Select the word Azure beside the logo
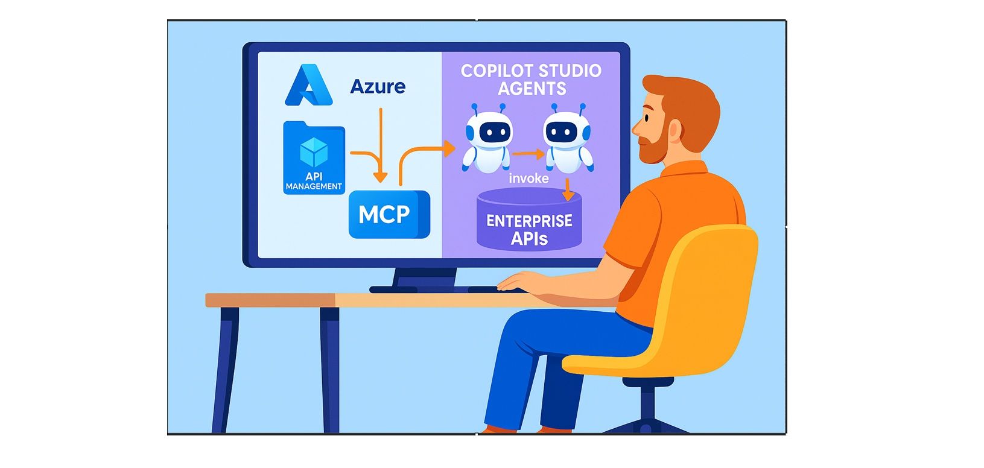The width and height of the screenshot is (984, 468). [x=378, y=86]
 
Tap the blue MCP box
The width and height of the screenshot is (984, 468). [x=389, y=214]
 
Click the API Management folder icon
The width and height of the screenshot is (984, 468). [x=314, y=157]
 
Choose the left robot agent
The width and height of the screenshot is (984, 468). [x=487, y=138]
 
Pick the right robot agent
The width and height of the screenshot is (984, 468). [x=568, y=138]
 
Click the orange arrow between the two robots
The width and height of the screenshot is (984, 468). [x=529, y=154]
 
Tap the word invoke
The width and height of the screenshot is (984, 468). [x=529, y=179]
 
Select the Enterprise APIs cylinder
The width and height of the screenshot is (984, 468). [x=529, y=220]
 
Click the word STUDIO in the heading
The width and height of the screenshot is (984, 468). [x=570, y=71]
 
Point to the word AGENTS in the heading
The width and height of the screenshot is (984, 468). [x=532, y=89]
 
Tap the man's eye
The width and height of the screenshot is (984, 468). [x=647, y=118]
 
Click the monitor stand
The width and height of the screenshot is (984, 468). [x=424, y=280]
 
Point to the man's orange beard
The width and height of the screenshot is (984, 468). [x=653, y=145]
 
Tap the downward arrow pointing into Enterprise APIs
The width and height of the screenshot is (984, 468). [x=568, y=189]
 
